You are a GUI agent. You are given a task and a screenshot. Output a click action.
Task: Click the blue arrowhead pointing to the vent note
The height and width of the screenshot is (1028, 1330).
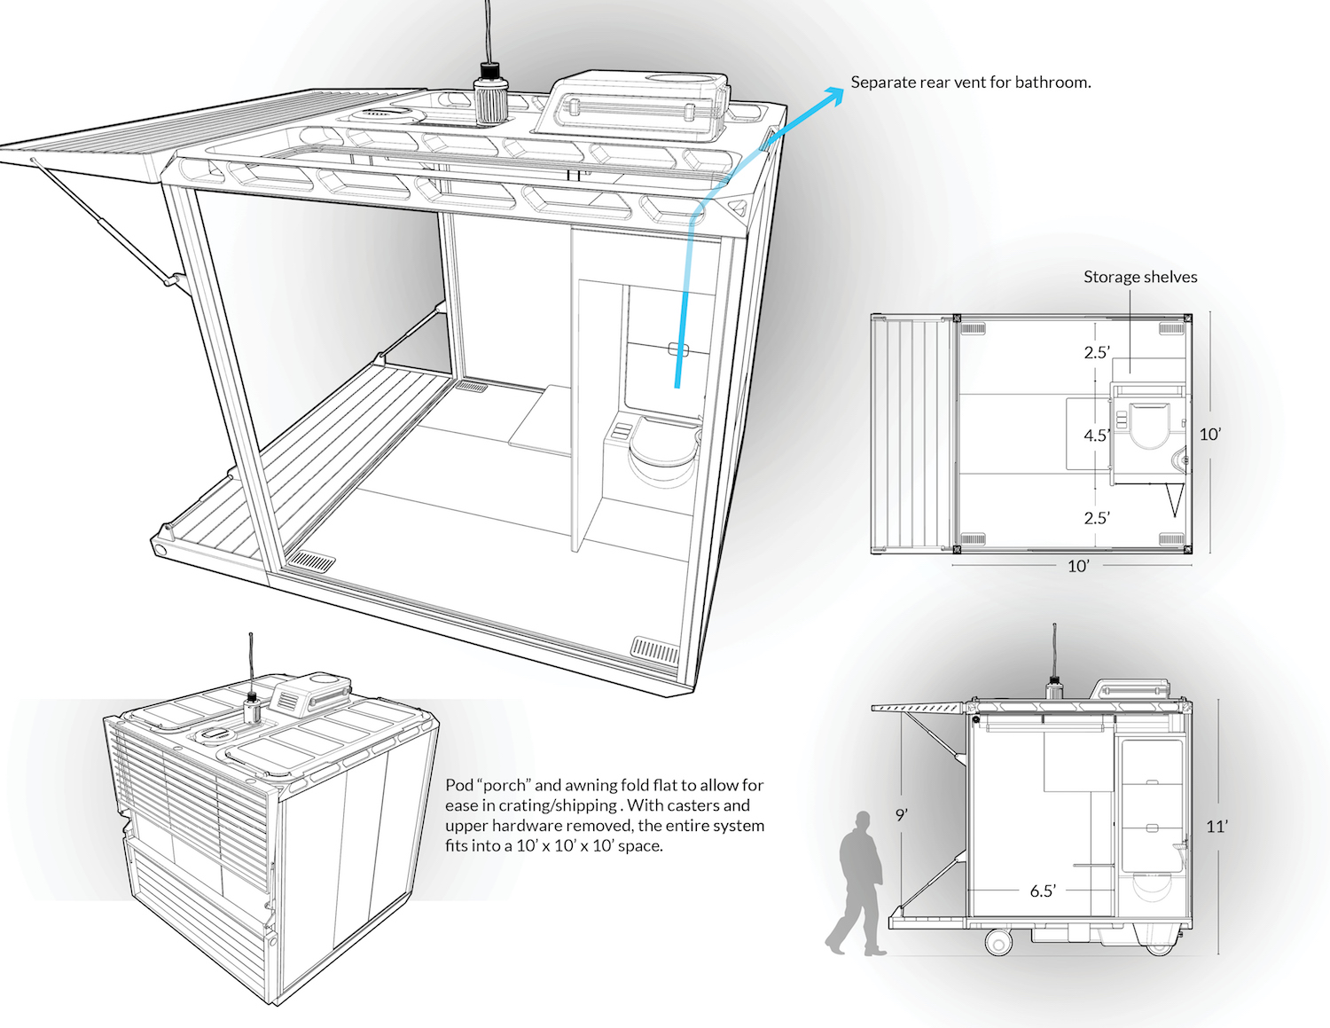coord(833,95)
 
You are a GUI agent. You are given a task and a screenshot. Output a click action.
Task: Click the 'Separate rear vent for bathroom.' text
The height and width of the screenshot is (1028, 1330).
coord(971,82)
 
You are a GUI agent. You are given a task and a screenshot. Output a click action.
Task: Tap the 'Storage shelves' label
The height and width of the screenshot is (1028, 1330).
coord(1140,277)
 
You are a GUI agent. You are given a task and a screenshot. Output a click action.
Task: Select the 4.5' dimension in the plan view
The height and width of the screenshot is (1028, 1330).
coord(1096,436)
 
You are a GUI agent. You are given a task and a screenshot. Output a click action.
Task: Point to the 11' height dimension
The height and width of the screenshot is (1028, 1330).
coord(1217,827)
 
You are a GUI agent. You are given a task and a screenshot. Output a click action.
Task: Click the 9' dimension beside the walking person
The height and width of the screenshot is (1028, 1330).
coord(902,815)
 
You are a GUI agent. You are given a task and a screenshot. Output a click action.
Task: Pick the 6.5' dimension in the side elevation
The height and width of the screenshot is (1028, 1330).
coord(1043,891)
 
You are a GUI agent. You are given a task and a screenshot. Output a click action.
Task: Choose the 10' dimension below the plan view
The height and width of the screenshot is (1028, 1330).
coord(1078,566)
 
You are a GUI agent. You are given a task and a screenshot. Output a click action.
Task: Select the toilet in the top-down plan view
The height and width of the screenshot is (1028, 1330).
coord(1149,426)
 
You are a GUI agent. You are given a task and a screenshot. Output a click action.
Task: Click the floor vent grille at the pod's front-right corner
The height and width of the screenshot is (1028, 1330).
coord(655,649)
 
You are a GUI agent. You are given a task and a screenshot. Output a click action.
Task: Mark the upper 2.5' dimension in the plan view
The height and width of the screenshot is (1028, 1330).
coord(1096,352)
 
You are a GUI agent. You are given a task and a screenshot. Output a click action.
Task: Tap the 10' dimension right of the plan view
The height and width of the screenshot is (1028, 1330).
coord(1210,434)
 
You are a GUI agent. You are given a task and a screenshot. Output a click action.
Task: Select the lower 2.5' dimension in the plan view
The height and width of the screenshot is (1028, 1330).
coord(1096,518)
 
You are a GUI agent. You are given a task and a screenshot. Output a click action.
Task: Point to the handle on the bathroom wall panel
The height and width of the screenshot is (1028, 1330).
coord(678,350)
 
